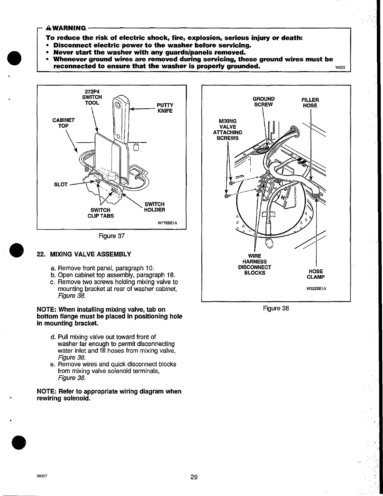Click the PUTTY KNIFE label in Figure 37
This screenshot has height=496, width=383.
point(165,108)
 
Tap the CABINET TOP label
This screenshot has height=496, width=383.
point(63,123)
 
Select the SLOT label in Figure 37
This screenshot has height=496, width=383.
point(61,184)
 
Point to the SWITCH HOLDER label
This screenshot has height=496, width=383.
point(154,207)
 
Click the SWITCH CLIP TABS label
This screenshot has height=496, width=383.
point(101,213)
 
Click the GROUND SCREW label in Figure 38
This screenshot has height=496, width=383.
point(263,102)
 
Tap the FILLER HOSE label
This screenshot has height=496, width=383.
point(310,103)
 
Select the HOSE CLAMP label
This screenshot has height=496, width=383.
point(315,274)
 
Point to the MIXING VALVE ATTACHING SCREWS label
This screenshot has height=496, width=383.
point(227,129)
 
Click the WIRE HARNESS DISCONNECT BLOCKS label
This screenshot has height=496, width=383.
point(254,264)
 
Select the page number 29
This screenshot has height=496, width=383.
point(194,477)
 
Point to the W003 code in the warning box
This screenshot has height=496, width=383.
point(340,68)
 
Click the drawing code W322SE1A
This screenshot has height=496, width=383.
point(316,288)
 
